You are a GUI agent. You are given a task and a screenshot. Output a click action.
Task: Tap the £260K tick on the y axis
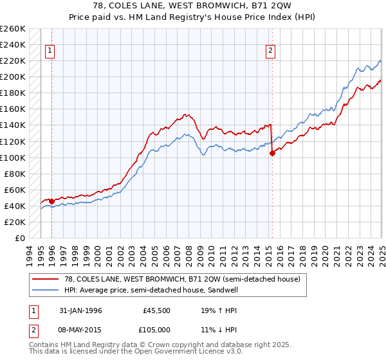[12, 29]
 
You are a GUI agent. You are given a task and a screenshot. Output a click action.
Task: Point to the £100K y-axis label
[12, 157]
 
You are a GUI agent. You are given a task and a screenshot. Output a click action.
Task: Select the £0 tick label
[20, 238]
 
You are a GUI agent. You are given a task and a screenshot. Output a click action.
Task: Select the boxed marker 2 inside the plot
[271, 51]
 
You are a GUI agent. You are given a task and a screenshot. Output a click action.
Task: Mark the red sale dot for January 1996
[51, 201]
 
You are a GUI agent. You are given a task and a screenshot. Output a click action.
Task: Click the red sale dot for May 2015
[272, 153]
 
